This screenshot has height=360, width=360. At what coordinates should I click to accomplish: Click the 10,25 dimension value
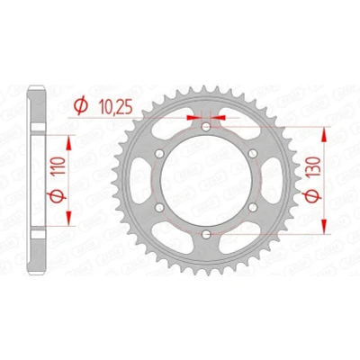(x=116, y=106)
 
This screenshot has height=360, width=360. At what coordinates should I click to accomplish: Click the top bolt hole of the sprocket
(x=206, y=127)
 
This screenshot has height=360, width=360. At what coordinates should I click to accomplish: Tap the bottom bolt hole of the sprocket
(x=206, y=234)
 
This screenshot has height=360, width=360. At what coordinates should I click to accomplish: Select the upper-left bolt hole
(x=159, y=154)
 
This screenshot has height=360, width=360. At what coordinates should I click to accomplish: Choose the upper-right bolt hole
(x=253, y=154)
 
